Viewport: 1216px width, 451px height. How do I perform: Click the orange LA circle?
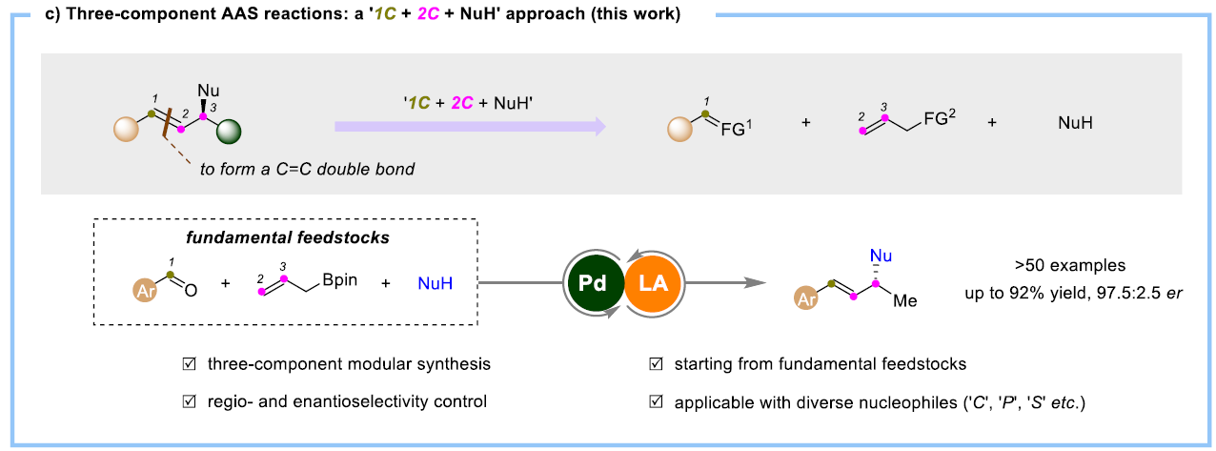pyautogui.click(x=653, y=282)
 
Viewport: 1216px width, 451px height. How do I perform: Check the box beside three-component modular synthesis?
pyautogui.click(x=190, y=364)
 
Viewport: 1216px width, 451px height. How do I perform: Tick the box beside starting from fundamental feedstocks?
pyautogui.click(x=655, y=364)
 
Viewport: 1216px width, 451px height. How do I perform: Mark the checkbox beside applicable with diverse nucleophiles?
pyautogui.click(x=655, y=402)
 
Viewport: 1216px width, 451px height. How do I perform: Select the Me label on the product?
pyautogui.click(x=906, y=300)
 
